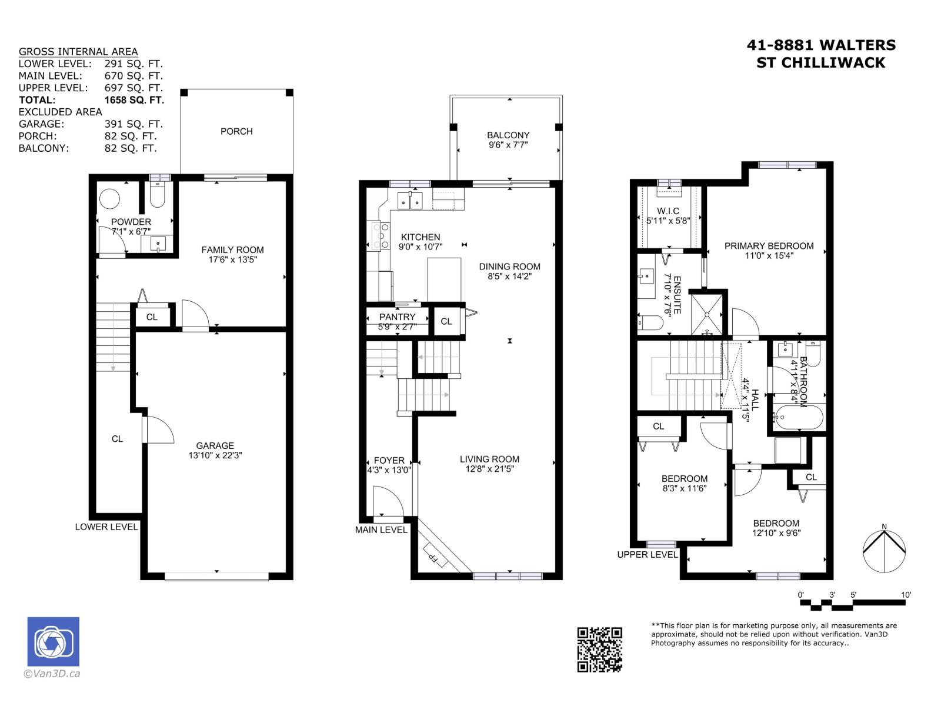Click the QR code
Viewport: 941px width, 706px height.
599,649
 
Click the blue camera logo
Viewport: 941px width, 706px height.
53,641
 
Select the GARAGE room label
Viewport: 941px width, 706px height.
215,445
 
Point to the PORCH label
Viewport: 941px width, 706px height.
236,131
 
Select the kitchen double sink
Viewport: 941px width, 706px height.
410,200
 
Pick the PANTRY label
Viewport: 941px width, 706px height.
397,317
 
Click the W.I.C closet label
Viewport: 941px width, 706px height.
668,211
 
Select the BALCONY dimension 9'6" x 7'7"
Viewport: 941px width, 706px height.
508,145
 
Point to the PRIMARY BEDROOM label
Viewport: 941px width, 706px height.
769,246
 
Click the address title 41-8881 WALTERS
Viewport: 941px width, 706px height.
821,45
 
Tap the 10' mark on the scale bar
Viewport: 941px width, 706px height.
906,595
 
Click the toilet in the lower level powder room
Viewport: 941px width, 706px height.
158,196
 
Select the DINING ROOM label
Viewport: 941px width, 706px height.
509,267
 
